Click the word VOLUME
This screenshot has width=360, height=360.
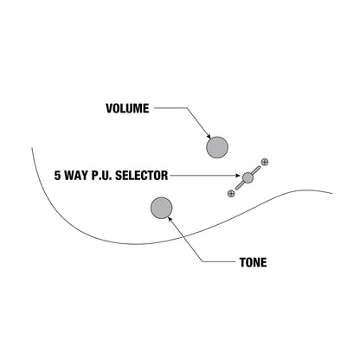(x=127, y=108)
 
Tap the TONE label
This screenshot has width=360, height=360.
(x=253, y=262)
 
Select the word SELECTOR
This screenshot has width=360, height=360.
(x=141, y=176)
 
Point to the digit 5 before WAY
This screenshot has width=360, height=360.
(x=58, y=176)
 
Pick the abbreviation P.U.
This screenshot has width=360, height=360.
(x=102, y=176)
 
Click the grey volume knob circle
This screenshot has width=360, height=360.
(x=217, y=147)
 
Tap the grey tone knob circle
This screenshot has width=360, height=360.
(x=162, y=208)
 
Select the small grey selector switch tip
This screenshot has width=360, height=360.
(x=247, y=177)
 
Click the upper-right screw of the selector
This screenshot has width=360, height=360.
(x=265, y=162)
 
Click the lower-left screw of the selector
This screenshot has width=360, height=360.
(x=231, y=194)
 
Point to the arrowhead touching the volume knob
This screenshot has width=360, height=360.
(x=209, y=136)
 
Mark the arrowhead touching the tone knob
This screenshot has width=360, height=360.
(x=170, y=220)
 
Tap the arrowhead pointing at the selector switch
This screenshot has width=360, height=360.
(x=237, y=176)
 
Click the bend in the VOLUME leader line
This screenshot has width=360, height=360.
(x=187, y=108)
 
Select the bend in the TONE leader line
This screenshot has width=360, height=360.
(x=202, y=262)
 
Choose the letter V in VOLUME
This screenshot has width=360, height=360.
(x=110, y=108)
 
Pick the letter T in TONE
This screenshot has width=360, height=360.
(x=242, y=262)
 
